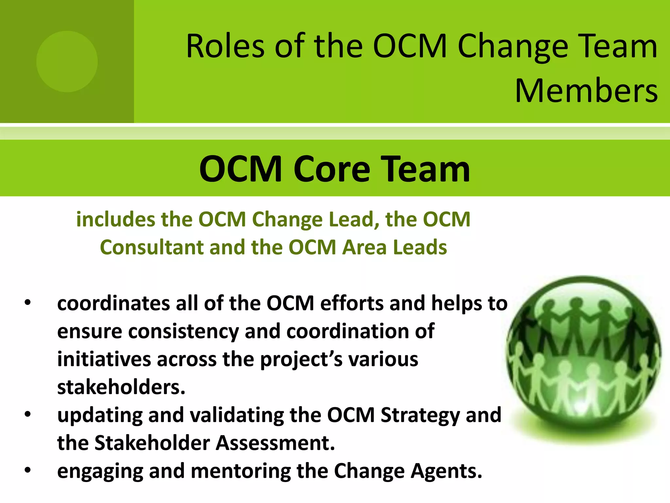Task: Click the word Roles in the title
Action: click(225, 46)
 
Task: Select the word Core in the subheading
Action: click(332, 169)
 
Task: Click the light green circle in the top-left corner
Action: click(67, 62)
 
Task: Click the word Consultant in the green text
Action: click(151, 247)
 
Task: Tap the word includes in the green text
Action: click(115, 219)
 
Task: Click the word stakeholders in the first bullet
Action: click(121, 387)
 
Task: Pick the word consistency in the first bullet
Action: click(183, 331)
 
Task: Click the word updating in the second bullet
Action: click(100, 416)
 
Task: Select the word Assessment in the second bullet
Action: click(275, 443)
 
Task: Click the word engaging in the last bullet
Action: click(100, 472)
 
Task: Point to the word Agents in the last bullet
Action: click(446, 471)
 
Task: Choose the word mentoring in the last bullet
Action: click(240, 471)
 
